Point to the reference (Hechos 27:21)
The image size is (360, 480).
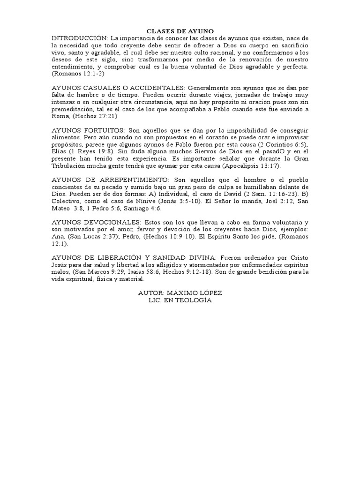click(94, 116)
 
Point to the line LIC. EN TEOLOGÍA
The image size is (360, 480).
click(180, 300)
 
